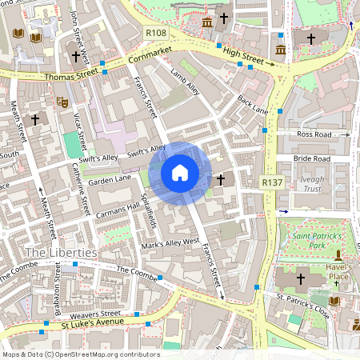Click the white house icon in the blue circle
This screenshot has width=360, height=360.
pyautogui.click(x=180, y=173)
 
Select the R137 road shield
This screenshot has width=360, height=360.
pyautogui.click(x=273, y=183)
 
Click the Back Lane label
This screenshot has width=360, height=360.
pyautogui.click(x=252, y=105)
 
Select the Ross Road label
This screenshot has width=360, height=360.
pyautogui.click(x=312, y=134)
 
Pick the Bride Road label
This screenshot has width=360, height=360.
pyautogui.click(x=311, y=159)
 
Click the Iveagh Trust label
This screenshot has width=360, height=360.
pyautogui.click(x=311, y=185)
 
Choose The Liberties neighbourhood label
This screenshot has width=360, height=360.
pyautogui.click(x=62, y=253)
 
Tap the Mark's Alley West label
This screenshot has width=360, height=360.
pyautogui.click(x=169, y=241)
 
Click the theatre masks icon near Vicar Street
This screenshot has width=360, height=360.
pyautogui.click(x=61, y=102)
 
